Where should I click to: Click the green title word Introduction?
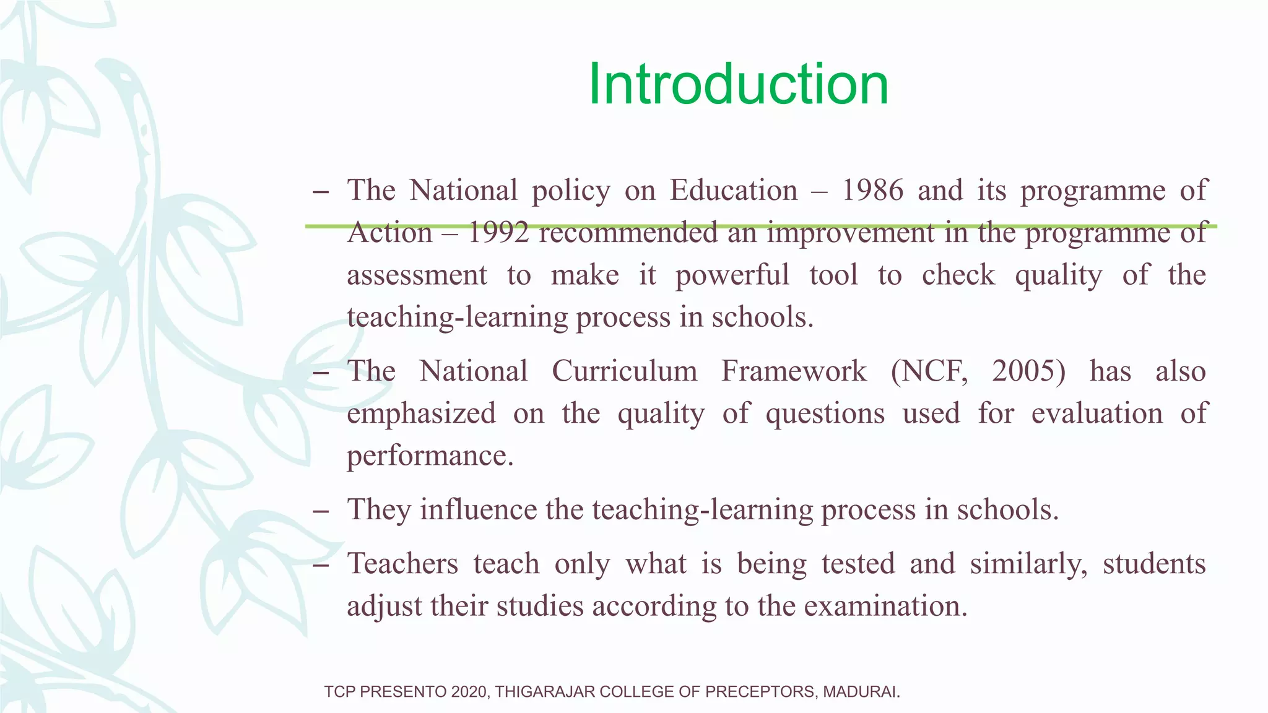738,85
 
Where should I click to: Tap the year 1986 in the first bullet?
872,190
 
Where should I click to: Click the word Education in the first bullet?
734,190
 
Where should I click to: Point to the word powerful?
732,275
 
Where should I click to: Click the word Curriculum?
624,371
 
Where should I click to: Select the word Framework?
794,371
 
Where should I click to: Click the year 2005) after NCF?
1028,371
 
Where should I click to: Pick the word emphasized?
421,413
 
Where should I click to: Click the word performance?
430,456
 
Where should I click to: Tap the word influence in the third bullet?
479,510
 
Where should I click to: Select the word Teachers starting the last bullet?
402,564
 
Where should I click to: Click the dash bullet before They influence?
321,511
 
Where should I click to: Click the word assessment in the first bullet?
417,275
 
